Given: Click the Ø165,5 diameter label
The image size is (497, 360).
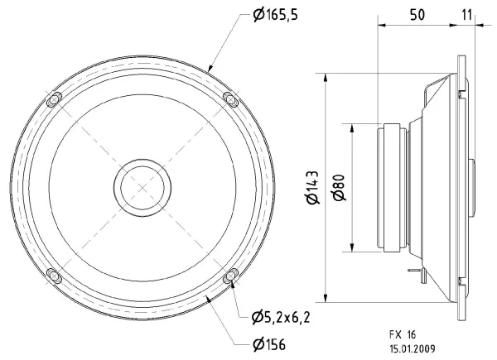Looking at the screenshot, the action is (x=276, y=15).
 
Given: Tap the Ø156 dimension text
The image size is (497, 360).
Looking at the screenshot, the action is (x=269, y=344).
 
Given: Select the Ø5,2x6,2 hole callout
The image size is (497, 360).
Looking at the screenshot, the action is (x=281, y=317).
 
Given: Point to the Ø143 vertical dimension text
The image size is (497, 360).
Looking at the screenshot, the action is (x=313, y=187).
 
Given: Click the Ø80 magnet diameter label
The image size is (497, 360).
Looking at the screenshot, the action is (x=340, y=187).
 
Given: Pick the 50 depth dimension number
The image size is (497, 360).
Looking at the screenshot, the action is (x=417, y=15).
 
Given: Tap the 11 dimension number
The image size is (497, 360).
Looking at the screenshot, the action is (x=466, y=15).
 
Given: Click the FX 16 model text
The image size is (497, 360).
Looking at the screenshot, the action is (x=403, y=334).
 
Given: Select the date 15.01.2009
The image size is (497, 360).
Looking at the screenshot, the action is (x=413, y=349).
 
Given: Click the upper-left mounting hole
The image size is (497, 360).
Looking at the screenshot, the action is (x=54, y=99).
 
